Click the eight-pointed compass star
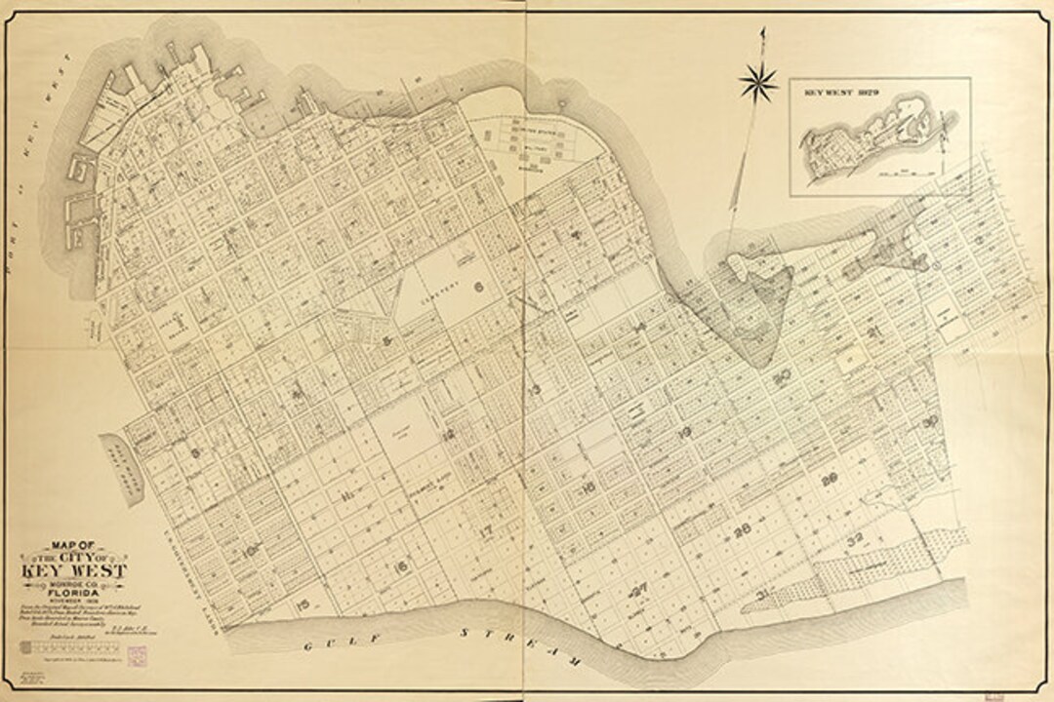[758, 81]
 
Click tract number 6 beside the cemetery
[478, 287]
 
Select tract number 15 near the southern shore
[304, 606]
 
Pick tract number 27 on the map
[639, 588]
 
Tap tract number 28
[741, 530]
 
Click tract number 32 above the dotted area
[856, 538]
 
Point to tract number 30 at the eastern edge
[929, 421]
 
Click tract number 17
[485, 530]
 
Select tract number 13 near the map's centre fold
[534, 390]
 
